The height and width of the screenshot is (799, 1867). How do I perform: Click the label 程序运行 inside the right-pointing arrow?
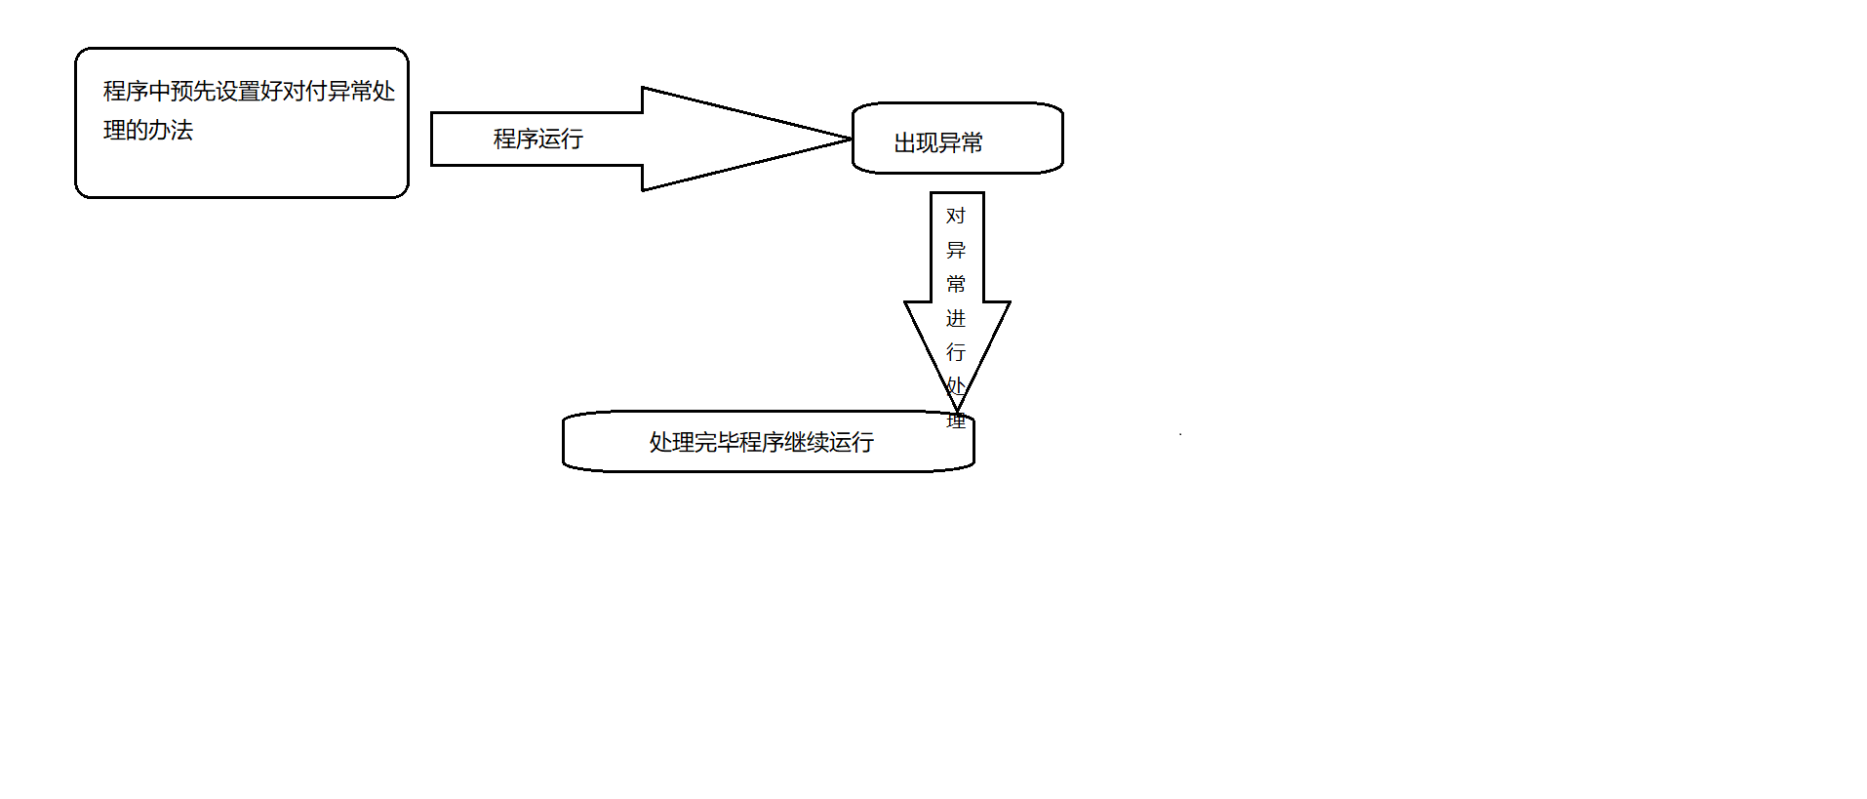point(537,139)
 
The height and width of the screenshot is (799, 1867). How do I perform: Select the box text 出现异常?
point(938,142)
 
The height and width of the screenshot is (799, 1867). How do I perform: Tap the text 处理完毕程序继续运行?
point(761,442)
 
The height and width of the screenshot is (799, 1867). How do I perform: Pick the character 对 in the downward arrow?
point(956,216)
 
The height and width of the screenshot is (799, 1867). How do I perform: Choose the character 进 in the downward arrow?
point(956,318)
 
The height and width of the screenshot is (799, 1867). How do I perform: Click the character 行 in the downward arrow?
point(956,352)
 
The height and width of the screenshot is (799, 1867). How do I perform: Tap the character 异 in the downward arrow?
point(956,250)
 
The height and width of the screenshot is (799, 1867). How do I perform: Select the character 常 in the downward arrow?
point(956,284)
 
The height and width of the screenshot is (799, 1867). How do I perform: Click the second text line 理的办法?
point(148,130)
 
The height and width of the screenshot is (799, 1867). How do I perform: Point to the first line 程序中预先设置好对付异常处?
point(249,91)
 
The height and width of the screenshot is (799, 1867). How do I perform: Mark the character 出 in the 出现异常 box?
point(905,142)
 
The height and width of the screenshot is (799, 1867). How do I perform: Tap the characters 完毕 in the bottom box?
point(716,442)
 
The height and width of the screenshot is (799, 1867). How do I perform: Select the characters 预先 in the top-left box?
point(193,91)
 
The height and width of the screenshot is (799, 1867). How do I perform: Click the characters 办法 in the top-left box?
point(171,130)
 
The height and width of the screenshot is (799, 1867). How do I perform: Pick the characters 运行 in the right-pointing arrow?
point(560,139)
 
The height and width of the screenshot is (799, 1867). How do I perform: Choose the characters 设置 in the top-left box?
point(238,91)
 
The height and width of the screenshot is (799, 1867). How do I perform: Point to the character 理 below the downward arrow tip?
point(956,421)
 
